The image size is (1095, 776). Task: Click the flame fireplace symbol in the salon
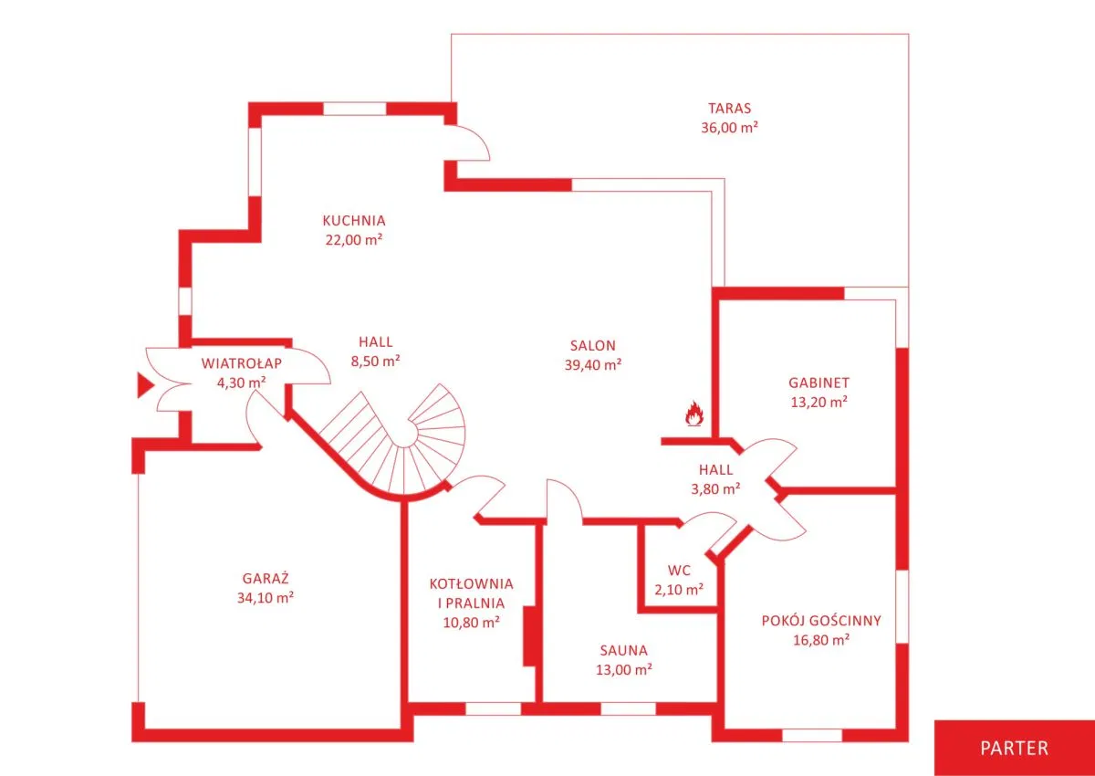coord(694,414)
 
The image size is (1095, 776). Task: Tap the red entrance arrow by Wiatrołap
coord(145,385)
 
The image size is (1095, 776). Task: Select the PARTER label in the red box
coord(1015,748)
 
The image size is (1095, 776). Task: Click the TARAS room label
coord(729,108)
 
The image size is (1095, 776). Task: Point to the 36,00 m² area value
coord(729,128)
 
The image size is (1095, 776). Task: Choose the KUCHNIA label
coord(354,221)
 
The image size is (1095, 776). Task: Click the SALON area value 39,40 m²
coord(593,365)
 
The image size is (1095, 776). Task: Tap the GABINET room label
coord(819,383)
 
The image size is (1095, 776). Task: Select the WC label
coord(679,571)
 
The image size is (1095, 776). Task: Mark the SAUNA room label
coord(624,650)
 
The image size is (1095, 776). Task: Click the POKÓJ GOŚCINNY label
coord(821,621)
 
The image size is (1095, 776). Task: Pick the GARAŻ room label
coord(266,578)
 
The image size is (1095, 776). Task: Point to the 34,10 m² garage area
coord(266,598)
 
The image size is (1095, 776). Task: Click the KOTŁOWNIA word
coord(471,583)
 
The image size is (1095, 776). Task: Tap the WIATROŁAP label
coord(242,363)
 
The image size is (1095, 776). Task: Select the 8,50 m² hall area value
coord(375,361)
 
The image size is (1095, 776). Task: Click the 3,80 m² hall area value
coord(715,488)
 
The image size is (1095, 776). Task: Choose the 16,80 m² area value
coord(821,640)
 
